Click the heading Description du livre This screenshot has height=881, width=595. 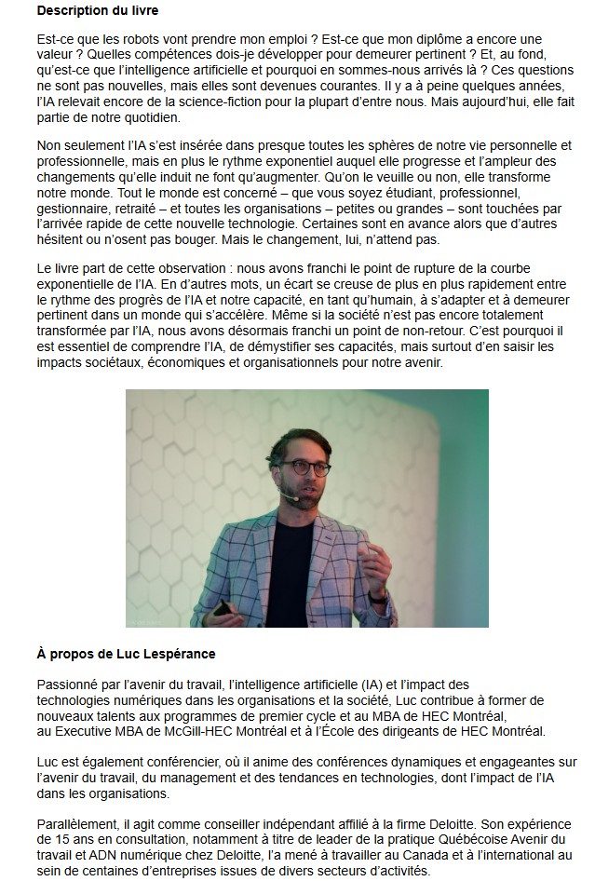(x=98, y=10)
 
